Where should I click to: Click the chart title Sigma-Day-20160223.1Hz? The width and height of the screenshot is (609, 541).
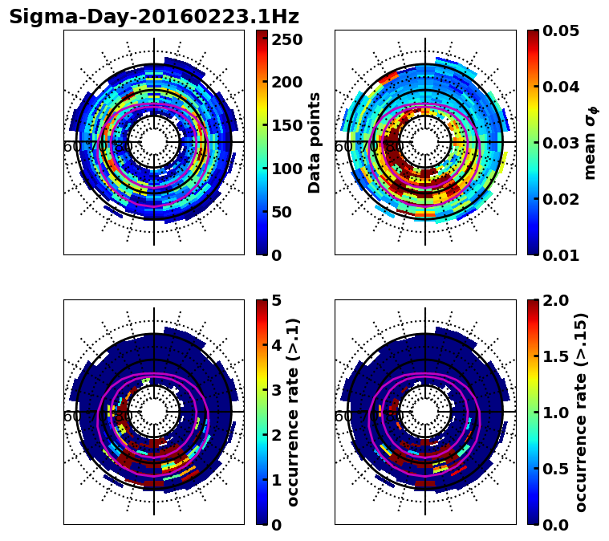(154, 17)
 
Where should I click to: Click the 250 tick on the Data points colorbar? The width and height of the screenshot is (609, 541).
(286, 39)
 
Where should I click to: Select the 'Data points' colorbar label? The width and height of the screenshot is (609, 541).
(315, 142)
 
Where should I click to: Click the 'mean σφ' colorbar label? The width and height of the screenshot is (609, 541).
(590, 142)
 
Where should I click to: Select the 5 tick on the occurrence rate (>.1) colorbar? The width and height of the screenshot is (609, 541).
(277, 301)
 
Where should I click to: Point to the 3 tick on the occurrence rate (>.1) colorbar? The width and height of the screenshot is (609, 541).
(277, 390)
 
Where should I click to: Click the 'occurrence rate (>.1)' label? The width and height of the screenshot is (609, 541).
(294, 412)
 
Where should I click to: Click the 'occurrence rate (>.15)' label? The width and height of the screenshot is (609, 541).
(581, 412)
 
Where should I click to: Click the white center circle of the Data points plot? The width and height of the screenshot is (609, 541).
(154, 142)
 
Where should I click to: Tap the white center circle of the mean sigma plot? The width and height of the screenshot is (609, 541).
(425, 142)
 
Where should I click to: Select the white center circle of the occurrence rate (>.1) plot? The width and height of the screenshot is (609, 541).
(154, 412)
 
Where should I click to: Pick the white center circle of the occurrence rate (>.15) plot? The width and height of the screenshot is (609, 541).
(425, 412)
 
